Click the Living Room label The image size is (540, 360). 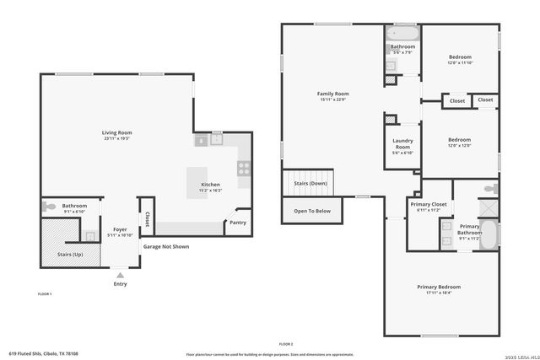point(117,132)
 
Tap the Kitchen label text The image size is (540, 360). point(210,185)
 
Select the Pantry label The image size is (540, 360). point(238,223)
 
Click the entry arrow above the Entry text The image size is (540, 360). point(120,275)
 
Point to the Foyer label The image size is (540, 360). point(120,228)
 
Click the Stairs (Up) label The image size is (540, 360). point(70,253)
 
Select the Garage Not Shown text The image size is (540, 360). point(165,247)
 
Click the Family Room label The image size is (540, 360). point(332,94)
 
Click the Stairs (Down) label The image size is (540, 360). point(310,183)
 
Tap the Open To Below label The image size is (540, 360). point(312,211)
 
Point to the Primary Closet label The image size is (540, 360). point(429,204)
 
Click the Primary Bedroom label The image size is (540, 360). point(439,287)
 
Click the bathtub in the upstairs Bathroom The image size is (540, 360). point(402,34)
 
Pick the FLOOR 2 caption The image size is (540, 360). point(285,344)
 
